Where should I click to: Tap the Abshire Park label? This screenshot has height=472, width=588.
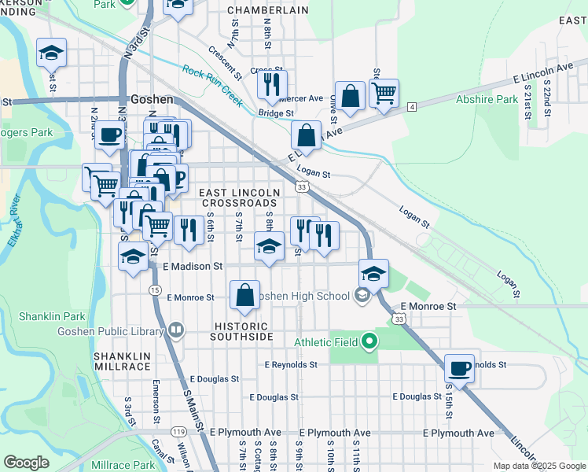(487, 100)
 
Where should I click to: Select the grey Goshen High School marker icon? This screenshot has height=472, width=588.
(362, 296)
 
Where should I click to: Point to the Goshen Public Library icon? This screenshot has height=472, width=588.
(176, 330)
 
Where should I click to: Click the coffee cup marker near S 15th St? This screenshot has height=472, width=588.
(459, 367)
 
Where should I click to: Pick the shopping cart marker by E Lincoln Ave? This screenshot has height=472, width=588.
(384, 93)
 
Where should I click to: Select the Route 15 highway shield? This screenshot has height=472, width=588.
(155, 290)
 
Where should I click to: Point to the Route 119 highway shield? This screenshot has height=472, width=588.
(179, 432)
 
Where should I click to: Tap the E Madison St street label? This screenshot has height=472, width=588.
(193, 267)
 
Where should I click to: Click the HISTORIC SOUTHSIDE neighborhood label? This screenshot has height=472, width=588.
(241, 331)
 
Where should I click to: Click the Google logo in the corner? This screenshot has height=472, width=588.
(27, 463)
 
